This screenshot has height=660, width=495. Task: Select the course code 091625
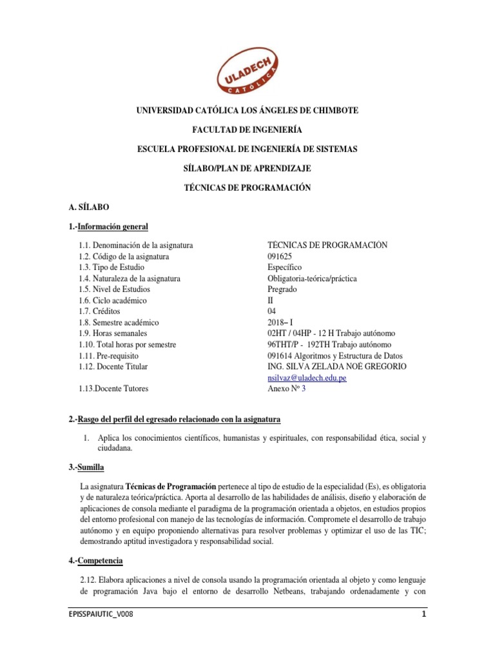(x=280, y=257)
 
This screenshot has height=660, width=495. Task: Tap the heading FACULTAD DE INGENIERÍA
(x=247, y=130)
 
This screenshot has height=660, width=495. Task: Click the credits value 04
(x=272, y=311)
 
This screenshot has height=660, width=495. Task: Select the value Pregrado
(x=282, y=289)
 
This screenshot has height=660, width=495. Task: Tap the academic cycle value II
(x=271, y=300)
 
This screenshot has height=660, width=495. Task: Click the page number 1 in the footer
(x=424, y=614)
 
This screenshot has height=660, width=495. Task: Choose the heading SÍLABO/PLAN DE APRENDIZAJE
(x=247, y=168)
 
